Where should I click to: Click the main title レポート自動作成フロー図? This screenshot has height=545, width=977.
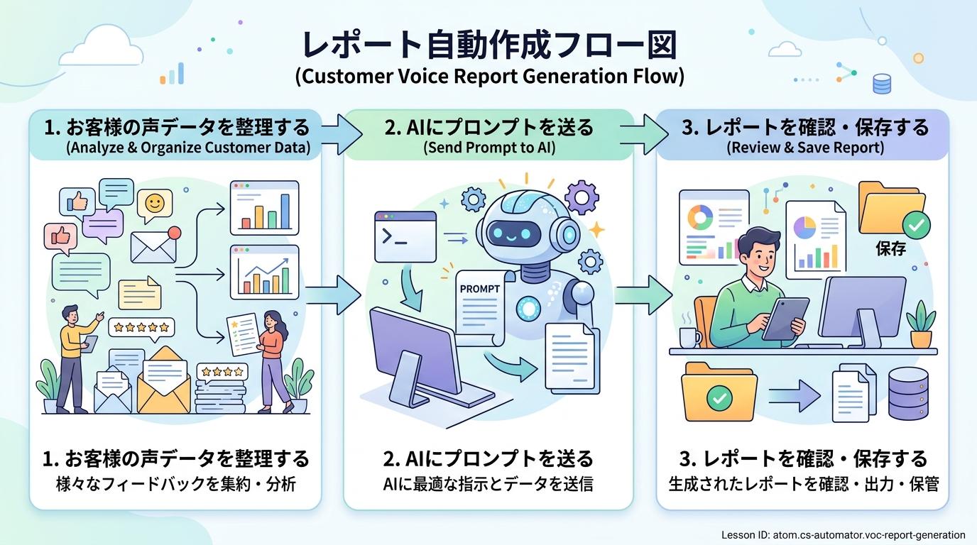click(489, 45)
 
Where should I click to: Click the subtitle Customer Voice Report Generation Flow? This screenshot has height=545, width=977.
click(489, 77)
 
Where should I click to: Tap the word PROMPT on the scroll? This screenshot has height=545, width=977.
click(480, 289)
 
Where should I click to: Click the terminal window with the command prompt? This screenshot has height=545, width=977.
click(405, 237)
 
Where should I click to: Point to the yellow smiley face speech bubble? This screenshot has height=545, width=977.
click(155, 205)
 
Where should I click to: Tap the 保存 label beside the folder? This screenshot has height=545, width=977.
click(890, 248)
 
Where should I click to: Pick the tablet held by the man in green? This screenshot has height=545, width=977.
click(785, 319)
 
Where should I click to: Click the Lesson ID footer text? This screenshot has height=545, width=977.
click(843, 535)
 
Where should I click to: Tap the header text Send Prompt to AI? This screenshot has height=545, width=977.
click(489, 148)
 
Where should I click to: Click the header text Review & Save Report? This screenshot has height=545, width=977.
click(805, 148)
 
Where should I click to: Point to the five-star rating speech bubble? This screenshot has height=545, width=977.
click(141, 328)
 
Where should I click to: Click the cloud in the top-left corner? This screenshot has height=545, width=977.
click(102, 47)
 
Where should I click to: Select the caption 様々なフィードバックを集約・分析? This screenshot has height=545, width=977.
click(176, 484)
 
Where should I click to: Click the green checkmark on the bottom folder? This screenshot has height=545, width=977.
click(719, 397)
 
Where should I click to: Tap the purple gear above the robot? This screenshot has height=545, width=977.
click(582, 197)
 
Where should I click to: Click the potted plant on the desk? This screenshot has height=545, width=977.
click(921, 325)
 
